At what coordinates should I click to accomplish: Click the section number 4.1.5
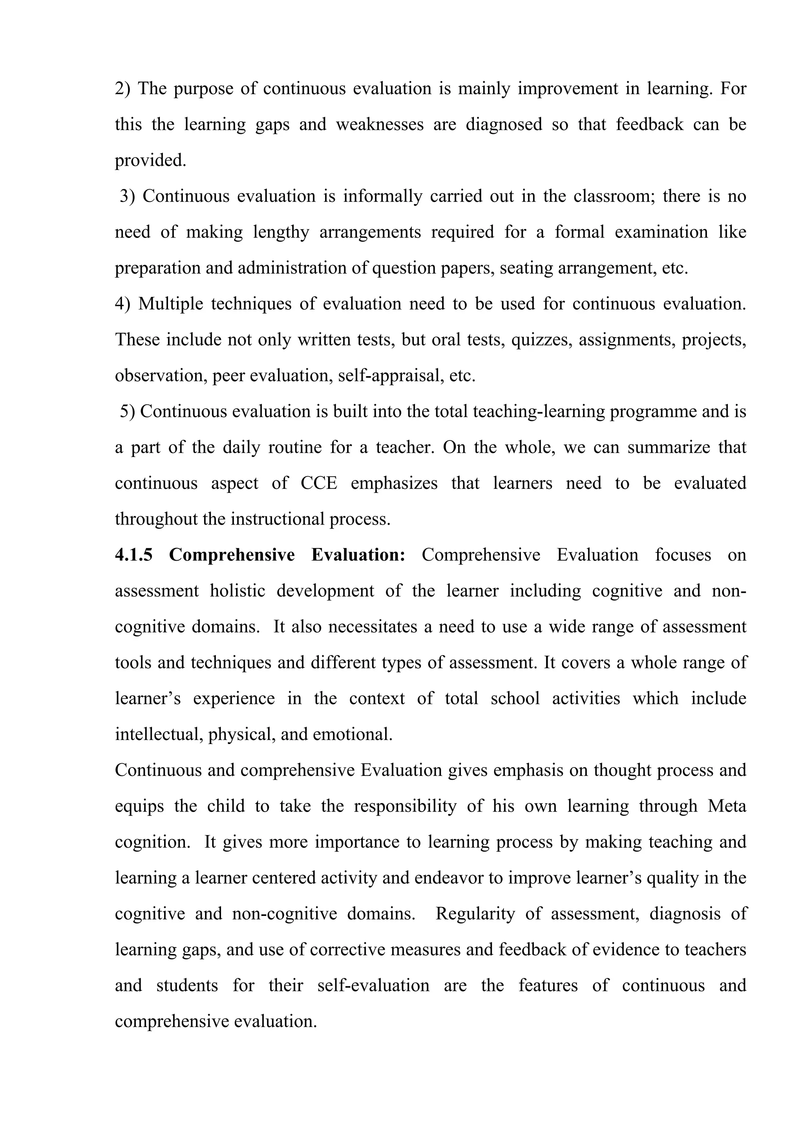point(133,555)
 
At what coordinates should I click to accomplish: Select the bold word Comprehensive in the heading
point(232,555)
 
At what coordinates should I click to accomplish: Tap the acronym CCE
point(319,483)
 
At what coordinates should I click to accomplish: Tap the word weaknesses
point(380,125)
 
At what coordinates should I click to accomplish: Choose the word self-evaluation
point(373,985)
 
